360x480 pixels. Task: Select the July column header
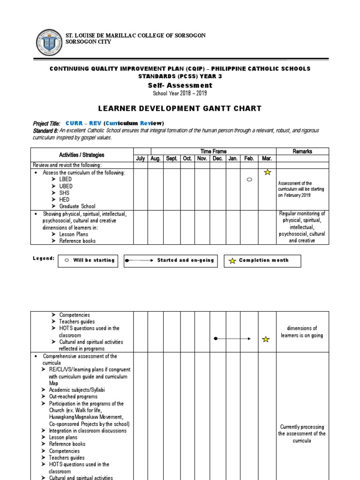141,158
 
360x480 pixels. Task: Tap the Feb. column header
249,158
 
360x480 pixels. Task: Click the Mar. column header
267,158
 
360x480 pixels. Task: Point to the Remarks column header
302,151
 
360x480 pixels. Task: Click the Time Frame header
213,151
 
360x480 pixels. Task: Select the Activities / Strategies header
82,155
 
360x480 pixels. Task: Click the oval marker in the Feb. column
249,180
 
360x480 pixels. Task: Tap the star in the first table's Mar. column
267,172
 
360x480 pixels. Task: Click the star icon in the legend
232,261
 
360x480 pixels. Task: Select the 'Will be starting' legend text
94,261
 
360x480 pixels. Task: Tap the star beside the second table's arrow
266,339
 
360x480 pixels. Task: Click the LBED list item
66,180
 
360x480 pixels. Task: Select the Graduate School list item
77,206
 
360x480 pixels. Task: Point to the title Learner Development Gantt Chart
180,108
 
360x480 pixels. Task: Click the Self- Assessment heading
180,85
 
